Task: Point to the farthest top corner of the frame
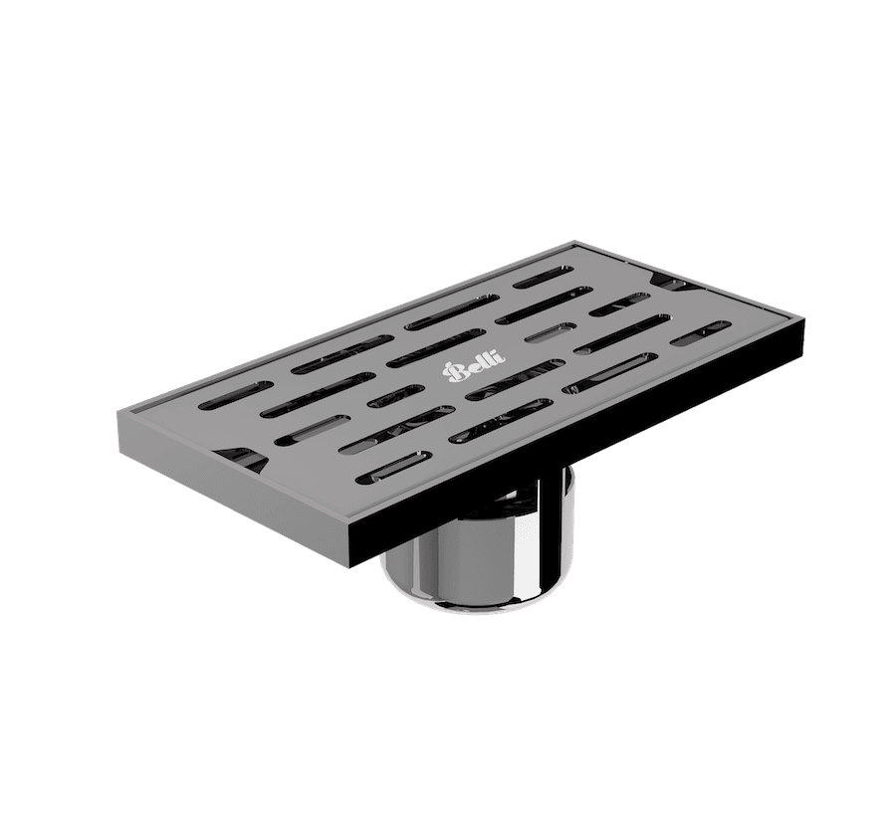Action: tap(575, 239)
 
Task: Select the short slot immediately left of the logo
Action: tap(395, 396)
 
